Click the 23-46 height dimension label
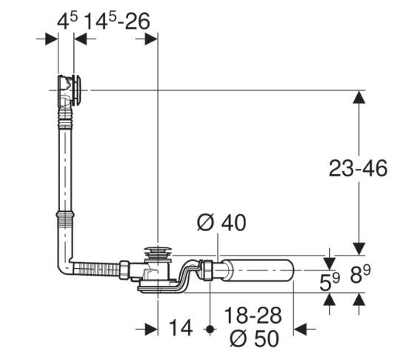358,168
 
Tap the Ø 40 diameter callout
221,223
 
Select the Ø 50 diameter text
255,339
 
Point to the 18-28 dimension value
253,316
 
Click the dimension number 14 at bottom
181,328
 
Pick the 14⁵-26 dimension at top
117,21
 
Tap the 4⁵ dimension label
67,21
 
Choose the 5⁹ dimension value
330,281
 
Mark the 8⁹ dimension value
361,274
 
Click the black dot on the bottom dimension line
210,330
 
